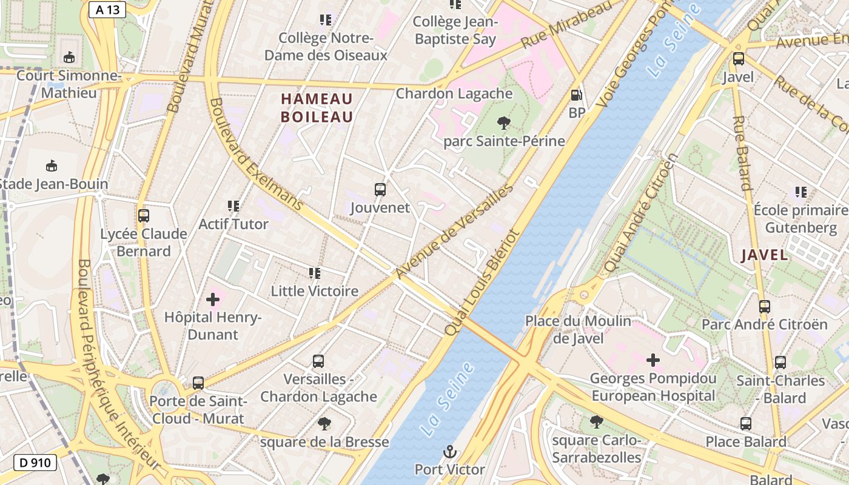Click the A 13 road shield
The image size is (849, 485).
click(x=107, y=9)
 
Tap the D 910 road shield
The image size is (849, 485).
click(x=35, y=463)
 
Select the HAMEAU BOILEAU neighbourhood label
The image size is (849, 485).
click(x=317, y=108)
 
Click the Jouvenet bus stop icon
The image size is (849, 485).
click(x=380, y=190)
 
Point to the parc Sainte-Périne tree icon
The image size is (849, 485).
click(x=503, y=123)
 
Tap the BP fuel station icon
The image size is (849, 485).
click(x=577, y=95)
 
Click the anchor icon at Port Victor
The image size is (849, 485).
click(x=449, y=451)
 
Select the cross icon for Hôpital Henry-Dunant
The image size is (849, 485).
click(x=213, y=299)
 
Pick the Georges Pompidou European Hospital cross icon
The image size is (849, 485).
click(x=653, y=361)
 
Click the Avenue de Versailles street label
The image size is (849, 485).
click(x=454, y=231)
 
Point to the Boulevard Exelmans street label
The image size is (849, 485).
click(x=255, y=155)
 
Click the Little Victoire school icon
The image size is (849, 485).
click(x=314, y=273)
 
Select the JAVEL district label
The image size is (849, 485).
click(x=765, y=255)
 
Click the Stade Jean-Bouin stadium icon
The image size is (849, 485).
click(x=52, y=166)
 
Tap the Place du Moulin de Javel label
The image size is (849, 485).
click(x=578, y=329)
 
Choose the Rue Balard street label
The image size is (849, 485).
click(x=742, y=153)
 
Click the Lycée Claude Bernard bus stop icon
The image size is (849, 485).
click(x=144, y=216)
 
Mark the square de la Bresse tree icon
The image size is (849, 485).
click(x=324, y=424)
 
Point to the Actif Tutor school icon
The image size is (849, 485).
click(x=233, y=206)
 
